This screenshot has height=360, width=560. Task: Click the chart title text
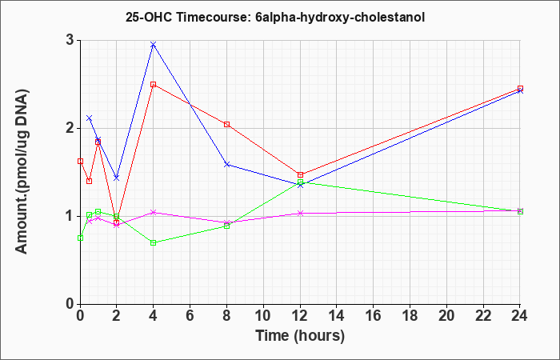275,17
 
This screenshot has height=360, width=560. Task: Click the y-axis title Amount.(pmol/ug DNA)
22,172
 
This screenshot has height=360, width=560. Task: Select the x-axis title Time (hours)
300,336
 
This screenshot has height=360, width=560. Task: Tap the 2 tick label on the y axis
70,128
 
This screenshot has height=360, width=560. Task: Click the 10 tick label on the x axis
263,315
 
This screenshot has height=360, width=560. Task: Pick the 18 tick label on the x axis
410,315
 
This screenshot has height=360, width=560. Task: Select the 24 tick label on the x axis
519,315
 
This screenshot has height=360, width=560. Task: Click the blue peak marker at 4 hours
154,45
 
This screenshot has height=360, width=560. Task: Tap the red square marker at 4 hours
154,85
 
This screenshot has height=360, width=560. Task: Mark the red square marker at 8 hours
226,124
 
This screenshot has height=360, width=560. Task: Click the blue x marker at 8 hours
226,165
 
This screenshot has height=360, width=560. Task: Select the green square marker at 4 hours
154,243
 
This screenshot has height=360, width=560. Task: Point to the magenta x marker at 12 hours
300,214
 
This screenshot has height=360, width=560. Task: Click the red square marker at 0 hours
80,162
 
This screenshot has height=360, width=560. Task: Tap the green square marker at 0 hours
80,238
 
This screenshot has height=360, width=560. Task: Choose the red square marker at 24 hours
520,88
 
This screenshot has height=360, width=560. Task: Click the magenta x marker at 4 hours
154,213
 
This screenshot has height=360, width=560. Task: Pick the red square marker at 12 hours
300,175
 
